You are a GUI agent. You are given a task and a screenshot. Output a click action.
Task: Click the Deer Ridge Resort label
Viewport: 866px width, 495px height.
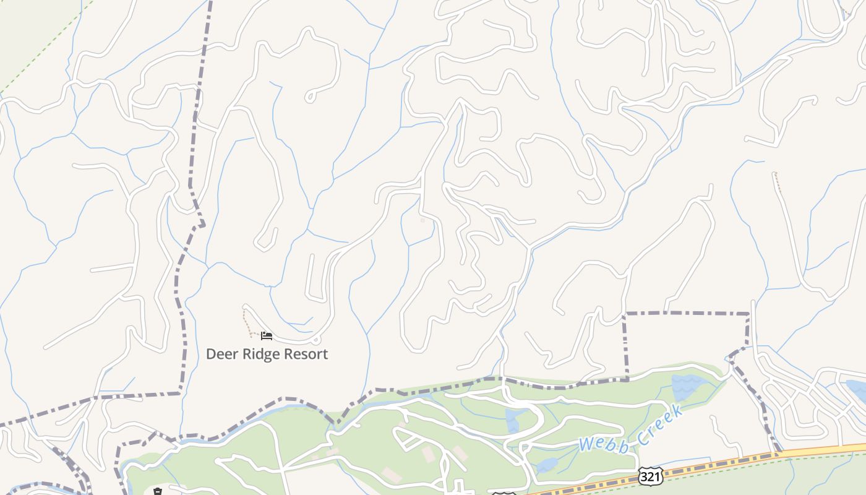point(267,354)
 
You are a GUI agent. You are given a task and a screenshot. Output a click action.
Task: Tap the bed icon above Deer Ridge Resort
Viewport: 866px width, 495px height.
point(267,336)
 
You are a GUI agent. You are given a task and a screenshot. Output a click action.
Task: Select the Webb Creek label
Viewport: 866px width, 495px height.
point(632,429)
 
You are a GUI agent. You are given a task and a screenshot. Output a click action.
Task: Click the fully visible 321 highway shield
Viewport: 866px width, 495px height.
point(650,476)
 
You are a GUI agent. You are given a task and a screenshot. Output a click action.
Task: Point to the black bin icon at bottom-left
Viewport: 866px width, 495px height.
point(158,492)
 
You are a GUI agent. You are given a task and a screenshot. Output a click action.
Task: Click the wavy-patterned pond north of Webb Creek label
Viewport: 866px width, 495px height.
point(685,386)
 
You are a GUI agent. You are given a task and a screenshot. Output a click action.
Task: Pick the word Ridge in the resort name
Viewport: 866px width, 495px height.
point(262,354)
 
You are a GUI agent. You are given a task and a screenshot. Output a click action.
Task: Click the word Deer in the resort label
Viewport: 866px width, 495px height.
point(220,354)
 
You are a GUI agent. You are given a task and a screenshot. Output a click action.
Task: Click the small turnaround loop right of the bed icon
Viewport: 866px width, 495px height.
point(316,339)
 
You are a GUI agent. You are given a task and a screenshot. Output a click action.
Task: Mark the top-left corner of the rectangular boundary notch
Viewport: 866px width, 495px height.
point(625,314)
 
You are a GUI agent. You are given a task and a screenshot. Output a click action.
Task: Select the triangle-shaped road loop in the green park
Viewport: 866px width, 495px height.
point(405,440)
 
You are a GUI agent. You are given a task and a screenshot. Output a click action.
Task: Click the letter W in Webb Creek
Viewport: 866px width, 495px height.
point(587,444)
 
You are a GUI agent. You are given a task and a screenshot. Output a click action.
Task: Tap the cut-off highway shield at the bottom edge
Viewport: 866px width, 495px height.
point(504,493)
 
